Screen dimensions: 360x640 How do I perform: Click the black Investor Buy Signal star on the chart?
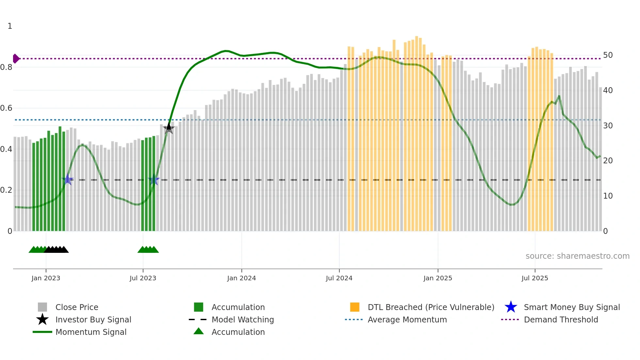(x=169, y=128)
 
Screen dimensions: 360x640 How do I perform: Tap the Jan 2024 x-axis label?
(x=241, y=278)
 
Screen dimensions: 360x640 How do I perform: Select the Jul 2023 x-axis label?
(x=143, y=278)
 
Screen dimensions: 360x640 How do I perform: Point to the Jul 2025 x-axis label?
(x=535, y=278)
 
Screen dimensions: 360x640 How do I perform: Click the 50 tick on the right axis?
(x=608, y=55)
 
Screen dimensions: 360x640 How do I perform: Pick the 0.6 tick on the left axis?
(x=7, y=108)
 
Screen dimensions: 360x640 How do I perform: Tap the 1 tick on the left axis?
(x=10, y=26)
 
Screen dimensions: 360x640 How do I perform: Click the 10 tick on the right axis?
(x=608, y=196)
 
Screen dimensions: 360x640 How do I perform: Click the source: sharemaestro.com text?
(x=577, y=256)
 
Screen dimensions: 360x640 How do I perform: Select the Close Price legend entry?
(x=76, y=307)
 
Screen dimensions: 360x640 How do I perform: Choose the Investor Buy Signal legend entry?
(x=93, y=319)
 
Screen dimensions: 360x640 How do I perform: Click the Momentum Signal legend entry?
(x=91, y=332)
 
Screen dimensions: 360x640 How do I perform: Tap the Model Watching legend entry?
(x=243, y=319)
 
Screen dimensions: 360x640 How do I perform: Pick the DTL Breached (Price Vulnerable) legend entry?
(x=431, y=307)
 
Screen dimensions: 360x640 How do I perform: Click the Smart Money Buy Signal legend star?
(x=511, y=307)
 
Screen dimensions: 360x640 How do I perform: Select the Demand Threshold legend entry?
(x=561, y=319)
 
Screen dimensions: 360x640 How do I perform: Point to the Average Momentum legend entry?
(x=407, y=319)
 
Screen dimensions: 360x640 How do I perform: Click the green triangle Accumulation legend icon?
(x=199, y=331)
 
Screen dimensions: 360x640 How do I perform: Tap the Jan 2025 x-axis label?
(x=438, y=278)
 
